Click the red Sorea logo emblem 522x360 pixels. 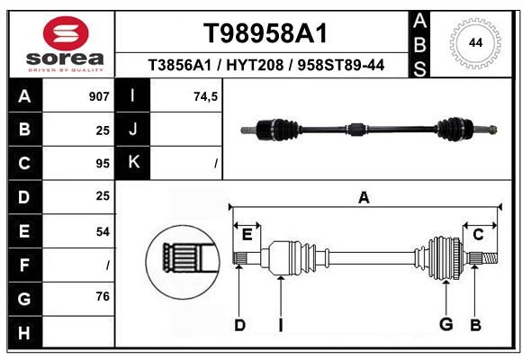[x=66, y=33]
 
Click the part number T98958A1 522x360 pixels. [x=265, y=33]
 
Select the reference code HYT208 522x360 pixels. [x=255, y=65]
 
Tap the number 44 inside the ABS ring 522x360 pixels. [x=475, y=43]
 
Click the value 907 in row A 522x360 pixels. [x=99, y=96]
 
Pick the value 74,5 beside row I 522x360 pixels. [x=206, y=96]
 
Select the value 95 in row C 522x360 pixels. [x=103, y=164]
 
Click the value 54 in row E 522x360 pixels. [x=103, y=231]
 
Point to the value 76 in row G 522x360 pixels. [x=103, y=296]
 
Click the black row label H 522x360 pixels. [x=24, y=332]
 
